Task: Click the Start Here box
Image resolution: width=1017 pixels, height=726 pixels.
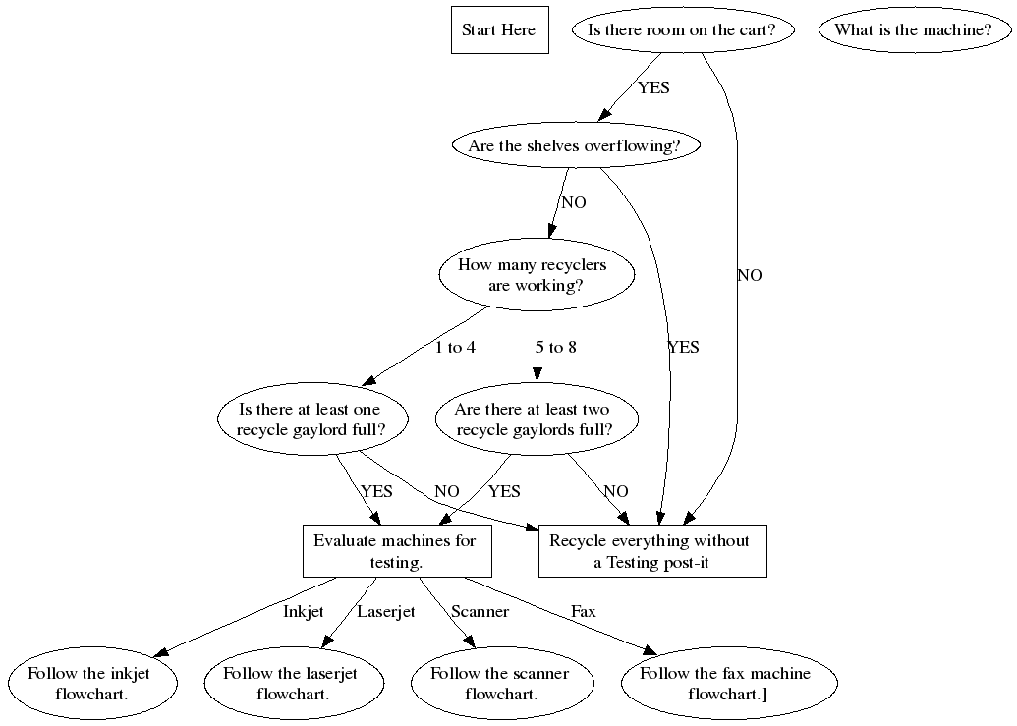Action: [x=499, y=30]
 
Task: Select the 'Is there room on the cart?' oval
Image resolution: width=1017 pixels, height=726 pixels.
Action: [x=682, y=30]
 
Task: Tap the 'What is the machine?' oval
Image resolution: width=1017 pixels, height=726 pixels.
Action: [x=914, y=30]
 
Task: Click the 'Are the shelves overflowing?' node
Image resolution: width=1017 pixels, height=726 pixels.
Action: [x=574, y=146]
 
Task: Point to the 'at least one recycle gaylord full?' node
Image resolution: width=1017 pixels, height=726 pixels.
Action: [x=310, y=419]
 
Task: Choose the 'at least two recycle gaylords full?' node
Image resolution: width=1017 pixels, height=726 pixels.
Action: [x=532, y=419]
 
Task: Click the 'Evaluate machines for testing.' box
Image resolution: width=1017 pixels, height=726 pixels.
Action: [x=396, y=551]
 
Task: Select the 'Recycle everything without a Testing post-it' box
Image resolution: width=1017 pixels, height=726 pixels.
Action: [x=651, y=551]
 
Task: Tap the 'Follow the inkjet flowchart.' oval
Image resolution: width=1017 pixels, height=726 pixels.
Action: [x=93, y=683]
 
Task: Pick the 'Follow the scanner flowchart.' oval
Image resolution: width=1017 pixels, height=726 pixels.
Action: [x=499, y=683]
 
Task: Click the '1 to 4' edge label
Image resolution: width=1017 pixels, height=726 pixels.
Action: [x=455, y=348]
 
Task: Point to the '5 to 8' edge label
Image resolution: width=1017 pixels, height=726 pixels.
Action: [x=555, y=348]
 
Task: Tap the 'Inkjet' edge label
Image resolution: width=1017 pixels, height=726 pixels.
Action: [x=303, y=612]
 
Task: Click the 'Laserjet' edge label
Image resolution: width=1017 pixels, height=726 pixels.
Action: [x=385, y=612]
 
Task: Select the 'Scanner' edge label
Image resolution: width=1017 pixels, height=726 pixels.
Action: [x=480, y=612]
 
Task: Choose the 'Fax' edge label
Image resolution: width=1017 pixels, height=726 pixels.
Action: [x=583, y=612]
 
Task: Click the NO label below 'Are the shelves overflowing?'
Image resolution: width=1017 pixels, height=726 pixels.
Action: [x=573, y=203]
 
